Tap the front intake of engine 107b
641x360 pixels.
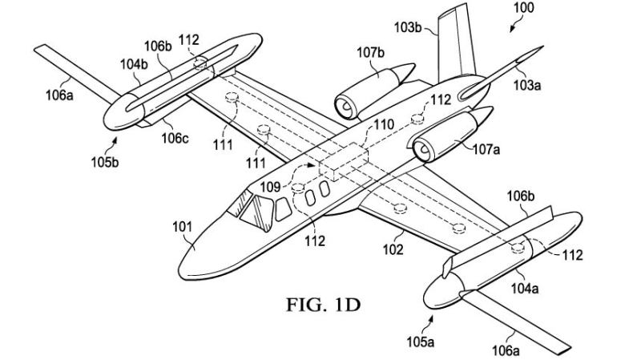click(x=344, y=103)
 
